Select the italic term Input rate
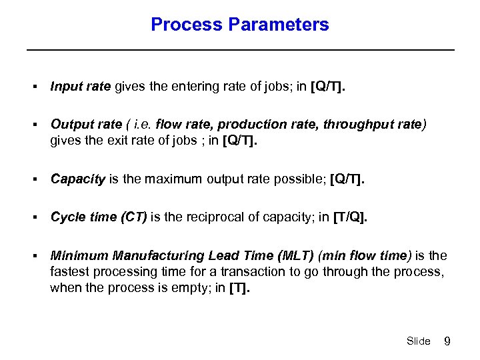tap(81, 87)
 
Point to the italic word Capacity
tap(78, 179)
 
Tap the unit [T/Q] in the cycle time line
tap(349, 217)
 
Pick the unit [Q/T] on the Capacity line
tap(347, 179)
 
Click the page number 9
tap(447, 341)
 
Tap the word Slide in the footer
tap(418, 341)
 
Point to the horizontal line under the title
tap(240, 50)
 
